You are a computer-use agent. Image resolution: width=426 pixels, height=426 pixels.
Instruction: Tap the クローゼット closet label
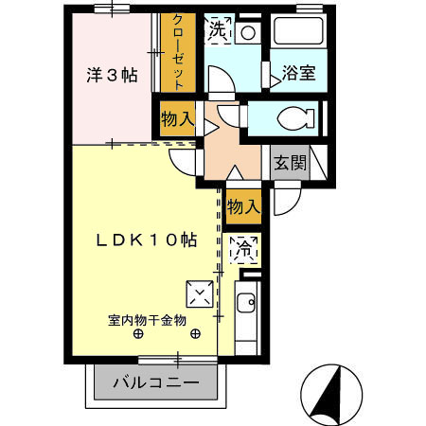(x=177, y=53)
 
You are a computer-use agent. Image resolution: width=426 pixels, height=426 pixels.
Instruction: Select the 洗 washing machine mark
(x=218, y=29)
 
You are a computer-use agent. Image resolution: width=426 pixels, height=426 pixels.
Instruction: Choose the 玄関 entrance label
(x=291, y=162)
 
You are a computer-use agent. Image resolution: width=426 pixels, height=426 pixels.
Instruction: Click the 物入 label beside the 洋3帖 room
(x=177, y=119)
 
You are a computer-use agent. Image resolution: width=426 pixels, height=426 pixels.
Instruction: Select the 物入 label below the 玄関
(x=243, y=205)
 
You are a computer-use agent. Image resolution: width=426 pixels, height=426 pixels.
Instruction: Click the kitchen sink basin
(x=245, y=305)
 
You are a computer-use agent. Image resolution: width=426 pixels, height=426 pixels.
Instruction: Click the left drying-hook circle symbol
(x=139, y=334)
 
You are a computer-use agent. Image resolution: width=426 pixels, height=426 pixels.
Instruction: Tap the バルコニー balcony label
(x=156, y=384)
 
